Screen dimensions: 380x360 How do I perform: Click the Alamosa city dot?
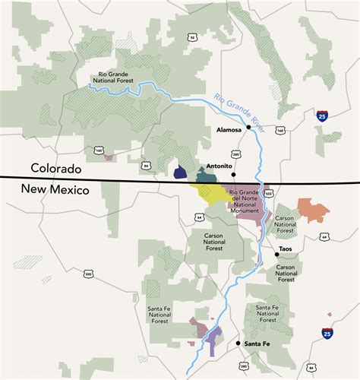click(x=248, y=128)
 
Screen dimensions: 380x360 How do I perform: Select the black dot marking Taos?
click(x=277, y=254)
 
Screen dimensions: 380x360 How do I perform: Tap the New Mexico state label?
click(x=55, y=189)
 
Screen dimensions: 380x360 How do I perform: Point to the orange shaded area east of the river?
click(x=313, y=209)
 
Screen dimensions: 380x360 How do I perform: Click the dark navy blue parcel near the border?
click(x=180, y=173)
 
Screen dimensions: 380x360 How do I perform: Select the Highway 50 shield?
click(x=192, y=36)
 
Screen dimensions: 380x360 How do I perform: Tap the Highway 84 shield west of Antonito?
click(x=147, y=163)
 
